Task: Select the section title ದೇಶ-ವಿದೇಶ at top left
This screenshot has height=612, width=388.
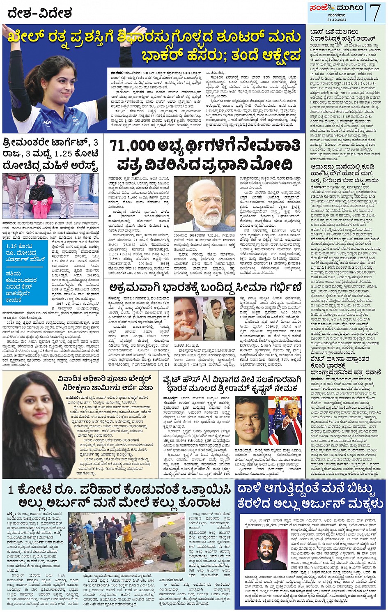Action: [x=40, y=14]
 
